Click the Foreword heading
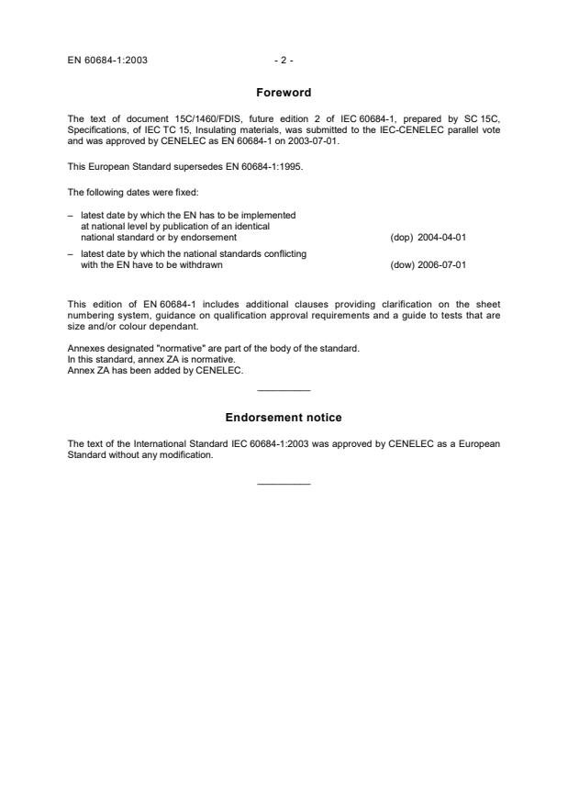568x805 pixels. click(284, 93)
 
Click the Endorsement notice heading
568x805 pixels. click(284, 418)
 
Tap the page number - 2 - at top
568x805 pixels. click(284, 61)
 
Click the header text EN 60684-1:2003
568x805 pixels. click(107, 61)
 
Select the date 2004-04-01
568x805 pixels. click(441, 237)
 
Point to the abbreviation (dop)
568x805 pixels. click(401, 237)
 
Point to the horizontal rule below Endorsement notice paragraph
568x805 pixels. click(284, 484)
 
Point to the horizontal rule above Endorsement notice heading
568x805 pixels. click(284, 391)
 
